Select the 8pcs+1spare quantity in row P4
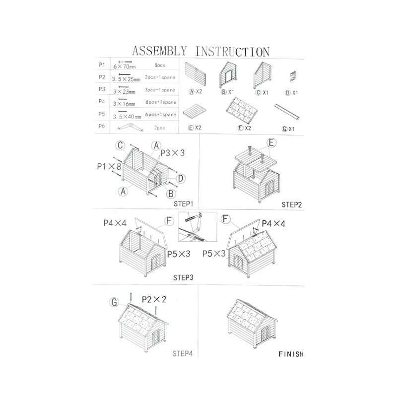click(159, 103)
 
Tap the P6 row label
click(102, 127)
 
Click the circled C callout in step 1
click(120, 145)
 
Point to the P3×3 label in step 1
click(172, 153)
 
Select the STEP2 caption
click(292, 204)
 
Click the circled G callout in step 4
click(115, 301)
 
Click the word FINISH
click(291, 355)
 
